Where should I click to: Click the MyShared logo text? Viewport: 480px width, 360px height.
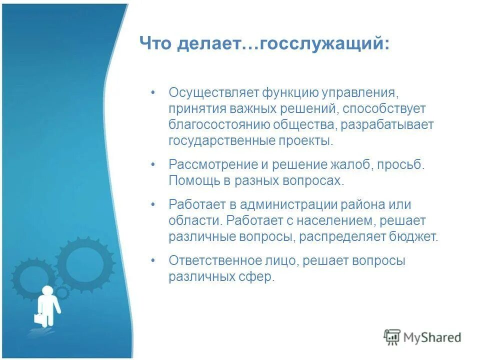[x=433, y=337]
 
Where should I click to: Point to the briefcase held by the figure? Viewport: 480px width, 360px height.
[x=39, y=317]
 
